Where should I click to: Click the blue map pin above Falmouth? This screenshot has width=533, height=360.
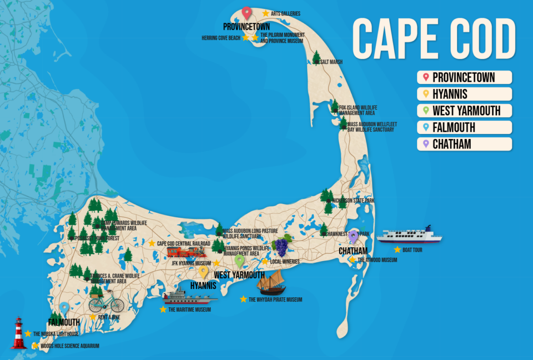[x=64, y=308]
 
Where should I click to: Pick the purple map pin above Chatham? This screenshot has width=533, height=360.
[x=354, y=237]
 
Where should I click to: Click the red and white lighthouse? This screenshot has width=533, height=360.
[x=19, y=333]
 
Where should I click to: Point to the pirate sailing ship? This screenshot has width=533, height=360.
[x=271, y=283]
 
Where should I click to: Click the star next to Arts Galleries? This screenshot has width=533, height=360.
[x=265, y=13]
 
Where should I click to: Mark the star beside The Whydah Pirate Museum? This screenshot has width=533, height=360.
[x=243, y=299]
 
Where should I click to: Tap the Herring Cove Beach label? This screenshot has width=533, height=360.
[x=221, y=38]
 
